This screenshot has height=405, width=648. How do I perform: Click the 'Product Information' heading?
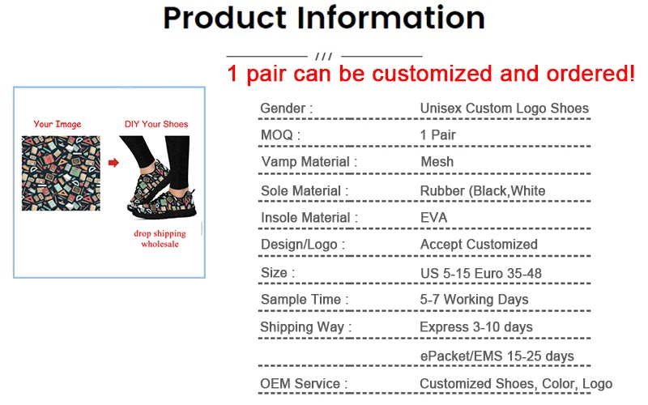pyautogui.click(x=324, y=18)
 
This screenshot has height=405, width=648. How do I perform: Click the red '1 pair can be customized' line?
pyautogui.click(x=430, y=74)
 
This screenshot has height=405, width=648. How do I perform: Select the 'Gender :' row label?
pyautogui.click(x=286, y=108)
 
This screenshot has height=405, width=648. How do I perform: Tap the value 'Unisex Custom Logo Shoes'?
pyautogui.click(x=504, y=108)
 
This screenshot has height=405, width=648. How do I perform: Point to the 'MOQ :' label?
pyautogui.click(x=280, y=134)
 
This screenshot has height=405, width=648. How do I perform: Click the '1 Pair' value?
pyautogui.click(x=437, y=134)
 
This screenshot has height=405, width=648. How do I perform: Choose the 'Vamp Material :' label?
pyautogui.click(x=309, y=162)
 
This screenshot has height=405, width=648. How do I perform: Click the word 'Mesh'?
pyautogui.click(x=437, y=162)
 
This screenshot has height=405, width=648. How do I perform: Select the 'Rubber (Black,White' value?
pyautogui.click(x=482, y=191)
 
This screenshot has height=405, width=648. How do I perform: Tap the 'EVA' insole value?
pyautogui.click(x=433, y=217)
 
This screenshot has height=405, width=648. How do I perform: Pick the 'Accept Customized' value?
pyautogui.click(x=479, y=244)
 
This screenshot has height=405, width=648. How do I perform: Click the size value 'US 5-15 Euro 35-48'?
pyautogui.click(x=480, y=273)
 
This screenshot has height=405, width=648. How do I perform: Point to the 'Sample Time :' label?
pyautogui.click(x=305, y=300)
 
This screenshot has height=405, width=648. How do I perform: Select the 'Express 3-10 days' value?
pyautogui.click(x=476, y=327)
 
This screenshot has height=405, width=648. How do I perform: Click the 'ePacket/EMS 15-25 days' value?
pyautogui.click(x=497, y=356)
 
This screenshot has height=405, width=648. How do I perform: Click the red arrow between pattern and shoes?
pyautogui.click(x=113, y=163)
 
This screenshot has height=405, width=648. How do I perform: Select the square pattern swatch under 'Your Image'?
pyautogui.click(x=61, y=173)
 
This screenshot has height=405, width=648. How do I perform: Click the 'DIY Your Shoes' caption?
pyautogui.click(x=156, y=124)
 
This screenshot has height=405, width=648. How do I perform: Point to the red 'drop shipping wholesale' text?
pyautogui.click(x=160, y=238)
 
